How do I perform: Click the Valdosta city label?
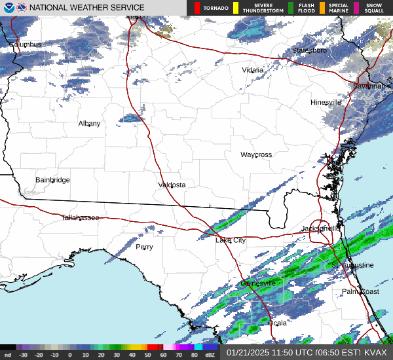click(172, 185)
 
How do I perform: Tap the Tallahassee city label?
click(80, 217)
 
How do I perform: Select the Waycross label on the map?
click(255, 155)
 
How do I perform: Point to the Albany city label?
click(90, 124)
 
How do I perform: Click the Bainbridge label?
click(52, 180)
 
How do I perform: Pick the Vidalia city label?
click(253, 70)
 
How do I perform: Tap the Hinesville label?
click(326, 103)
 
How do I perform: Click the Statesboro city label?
click(309, 50)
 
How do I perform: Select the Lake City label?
click(231, 241)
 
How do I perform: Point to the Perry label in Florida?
click(144, 247)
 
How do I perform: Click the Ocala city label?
click(278, 323)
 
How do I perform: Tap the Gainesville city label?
click(258, 283)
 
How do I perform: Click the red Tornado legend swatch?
click(197, 8)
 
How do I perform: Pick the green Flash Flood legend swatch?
click(291, 8)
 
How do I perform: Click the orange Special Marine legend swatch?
click(322, 8)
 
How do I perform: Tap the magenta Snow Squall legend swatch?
click(356, 8)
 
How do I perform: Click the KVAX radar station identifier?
click(377, 352)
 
